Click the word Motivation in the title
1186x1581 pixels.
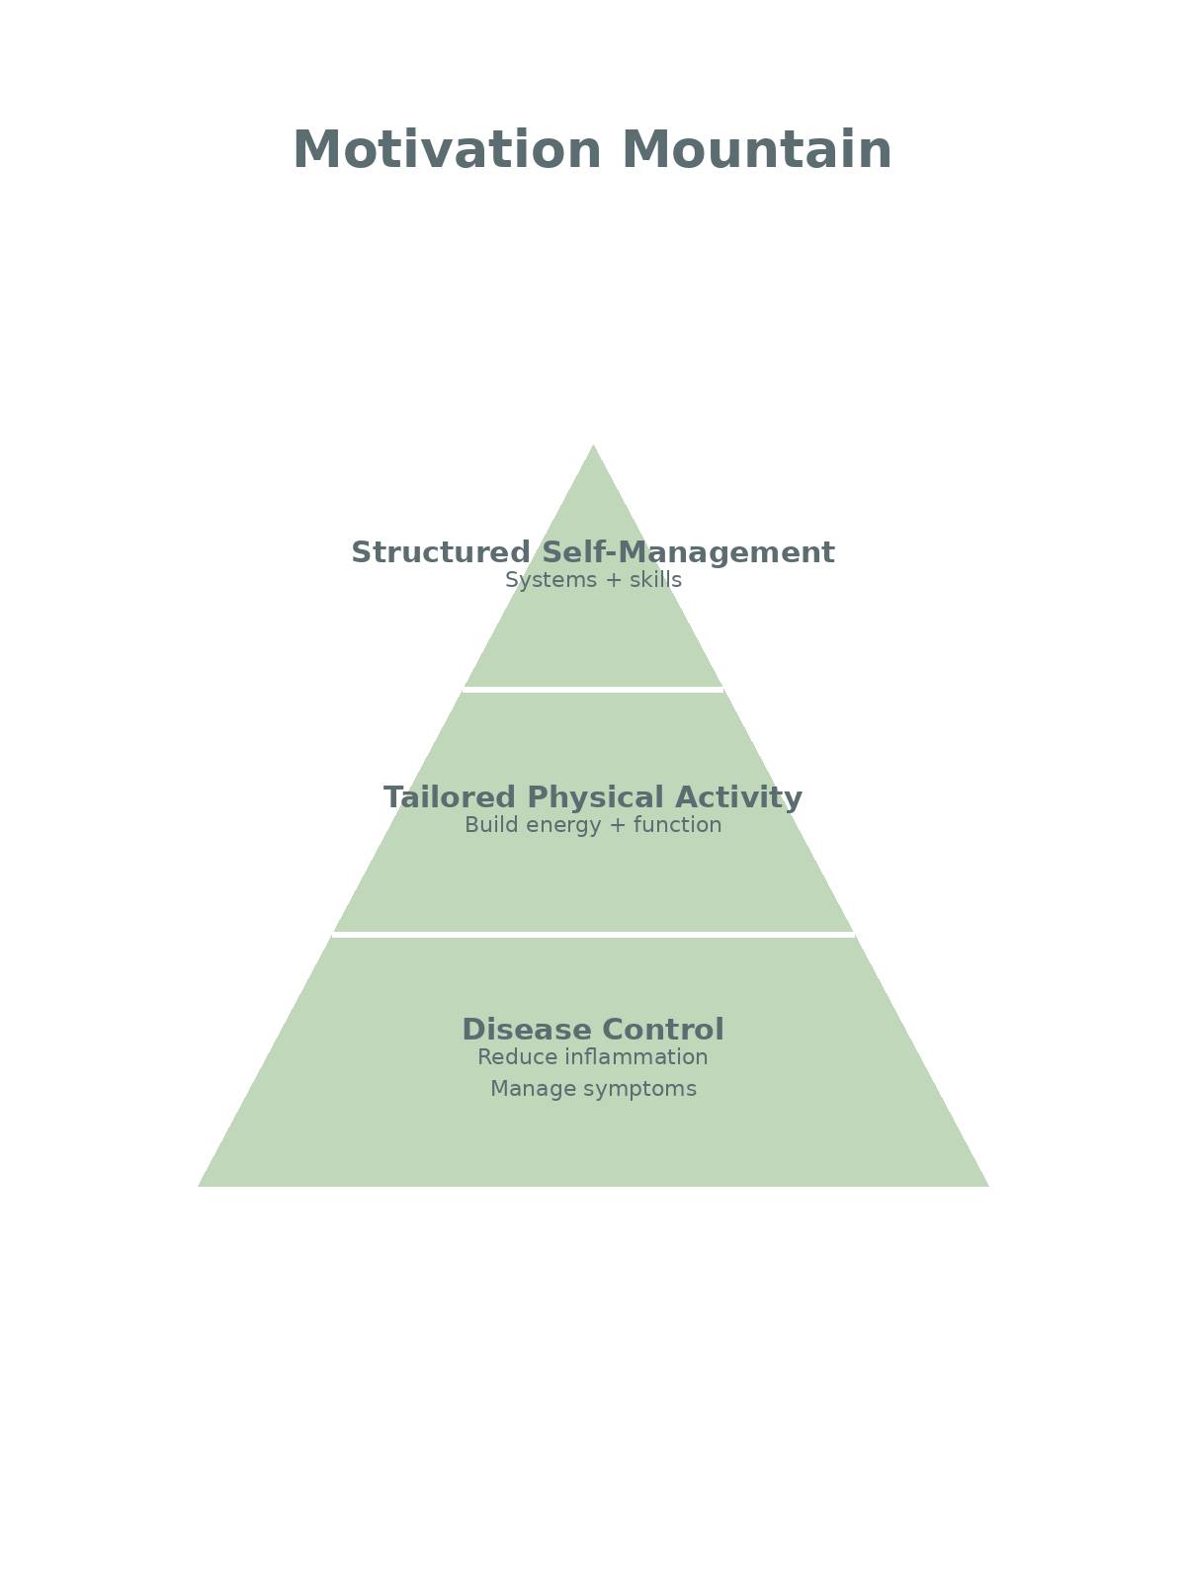(x=448, y=151)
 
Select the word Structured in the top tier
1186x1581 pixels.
(x=441, y=552)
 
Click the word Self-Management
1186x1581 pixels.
(x=688, y=552)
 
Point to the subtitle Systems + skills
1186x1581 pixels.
(x=593, y=580)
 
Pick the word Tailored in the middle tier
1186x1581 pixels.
(x=450, y=797)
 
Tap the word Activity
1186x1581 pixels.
(x=740, y=797)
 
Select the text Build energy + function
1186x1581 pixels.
(x=593, y=825)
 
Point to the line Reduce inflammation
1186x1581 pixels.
(x=593, y=1057)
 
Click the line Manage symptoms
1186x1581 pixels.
(x=593, y=1089)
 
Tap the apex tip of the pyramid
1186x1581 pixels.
(x=593, y=448)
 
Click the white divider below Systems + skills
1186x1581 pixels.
(x=593, y=689)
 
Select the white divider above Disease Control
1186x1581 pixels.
(x=593, y=934)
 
